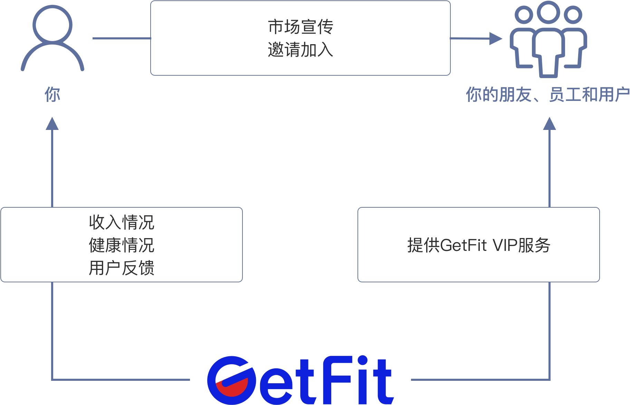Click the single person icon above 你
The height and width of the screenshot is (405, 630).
(x=52, y=38)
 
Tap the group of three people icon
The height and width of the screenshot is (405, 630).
(x=548, y=40)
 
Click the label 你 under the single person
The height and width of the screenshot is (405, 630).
(x=52, y=94)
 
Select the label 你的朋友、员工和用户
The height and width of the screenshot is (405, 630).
(x=547, y=94)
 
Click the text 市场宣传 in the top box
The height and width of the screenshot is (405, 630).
(x=300, y=27)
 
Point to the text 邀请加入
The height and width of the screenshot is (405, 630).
(x=300, y=50)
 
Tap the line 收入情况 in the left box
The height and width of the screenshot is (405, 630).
(x=122, y=222)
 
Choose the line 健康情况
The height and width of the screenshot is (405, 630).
(x=122, y=245)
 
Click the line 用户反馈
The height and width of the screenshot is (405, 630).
(x=122, y=268)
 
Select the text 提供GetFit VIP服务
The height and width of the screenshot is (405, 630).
(x=479, y=245)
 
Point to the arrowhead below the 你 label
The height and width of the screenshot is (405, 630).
(x=52, y=123)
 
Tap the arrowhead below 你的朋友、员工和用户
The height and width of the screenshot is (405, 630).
(x=550, y=123)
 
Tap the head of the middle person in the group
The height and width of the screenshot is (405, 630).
(x=548, y=12)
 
